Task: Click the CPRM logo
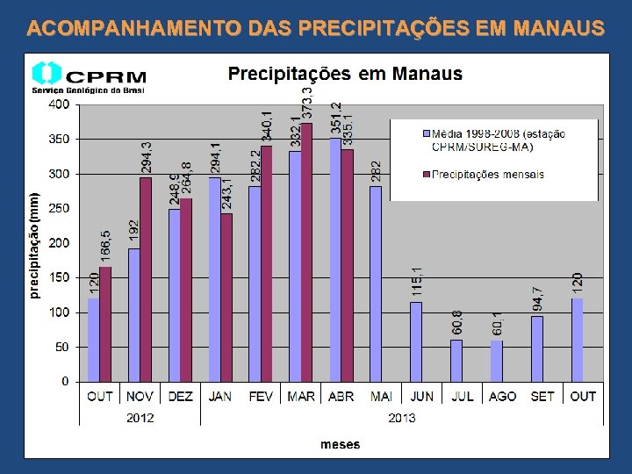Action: tap(88, 76)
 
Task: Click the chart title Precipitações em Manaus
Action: tap(345, 74)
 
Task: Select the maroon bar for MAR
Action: tap(306, 252)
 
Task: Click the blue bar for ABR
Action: tap(335, 260)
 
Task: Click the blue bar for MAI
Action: tap(376, 284)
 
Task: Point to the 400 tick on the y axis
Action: tap(58, 104)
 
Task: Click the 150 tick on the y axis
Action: tap(58, 277)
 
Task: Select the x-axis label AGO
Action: tap(502, 397)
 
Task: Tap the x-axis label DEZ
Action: tap(180, 397)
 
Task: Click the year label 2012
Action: tap(140, 418)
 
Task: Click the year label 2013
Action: tap(402, 418)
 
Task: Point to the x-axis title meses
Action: tap(340, 444)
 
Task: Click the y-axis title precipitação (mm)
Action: tap(34, 246)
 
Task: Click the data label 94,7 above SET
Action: tap(537, 298)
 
